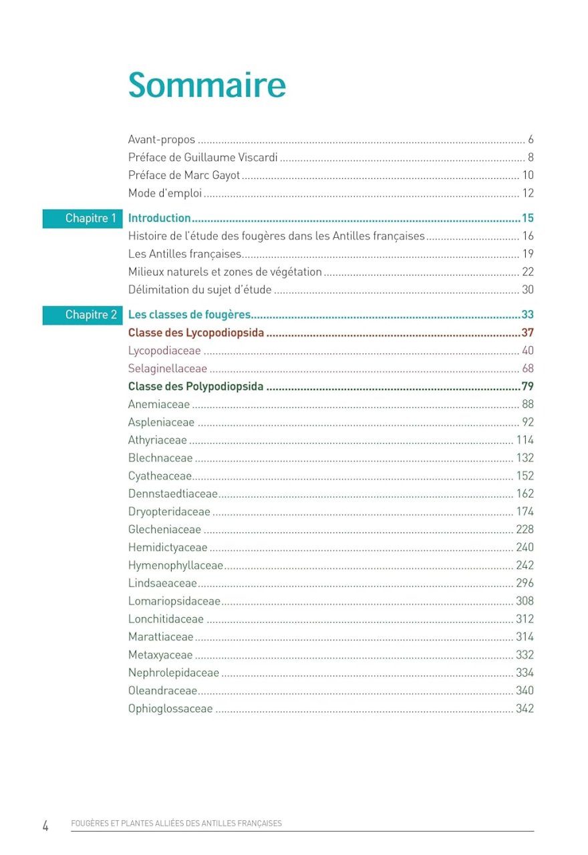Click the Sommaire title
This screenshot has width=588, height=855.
coord(207,85)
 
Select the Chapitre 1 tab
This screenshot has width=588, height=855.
coord(83,218)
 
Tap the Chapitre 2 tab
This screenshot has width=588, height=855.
coord(83,315)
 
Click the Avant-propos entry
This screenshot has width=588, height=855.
coord(162,140)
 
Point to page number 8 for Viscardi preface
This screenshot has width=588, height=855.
coord(531,158)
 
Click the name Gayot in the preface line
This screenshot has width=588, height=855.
coord(226,176)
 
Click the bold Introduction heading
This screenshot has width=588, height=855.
coord(160,218)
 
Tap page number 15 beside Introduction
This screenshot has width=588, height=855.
coord(527,218)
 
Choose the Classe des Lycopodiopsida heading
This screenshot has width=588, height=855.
coord(196,333)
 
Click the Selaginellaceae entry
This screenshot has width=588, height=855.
coord(168,369)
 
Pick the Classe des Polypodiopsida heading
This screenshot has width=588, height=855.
coord(196,387)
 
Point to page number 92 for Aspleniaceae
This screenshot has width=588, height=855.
coord(528,422)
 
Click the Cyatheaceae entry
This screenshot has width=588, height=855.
coord(160,476)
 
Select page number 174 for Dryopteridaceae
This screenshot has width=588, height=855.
coord(525,512)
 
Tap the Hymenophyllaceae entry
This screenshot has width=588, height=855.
coord(176,566)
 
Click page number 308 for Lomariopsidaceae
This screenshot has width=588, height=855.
coord(525,601)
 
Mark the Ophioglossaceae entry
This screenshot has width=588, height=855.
coord(170,709)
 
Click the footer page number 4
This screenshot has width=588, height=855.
coord(45,826)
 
